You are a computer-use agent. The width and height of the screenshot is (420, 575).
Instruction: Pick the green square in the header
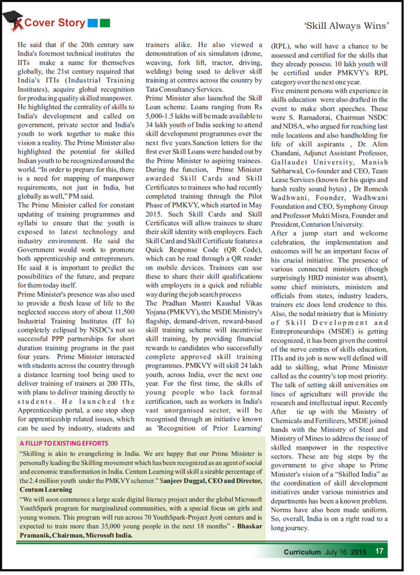[x=105, y=23]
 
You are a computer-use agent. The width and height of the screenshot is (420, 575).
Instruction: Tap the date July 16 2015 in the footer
[x=346, y=552]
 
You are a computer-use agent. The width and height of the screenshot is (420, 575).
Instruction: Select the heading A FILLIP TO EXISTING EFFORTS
[x=64, y=444]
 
